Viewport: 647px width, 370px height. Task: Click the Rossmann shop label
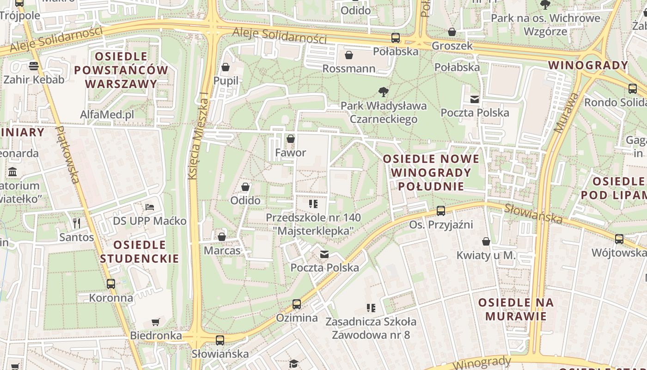coord(348,69)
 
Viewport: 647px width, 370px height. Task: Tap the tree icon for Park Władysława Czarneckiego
coord(383,92)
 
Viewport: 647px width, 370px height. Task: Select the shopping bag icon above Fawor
coord(291,139)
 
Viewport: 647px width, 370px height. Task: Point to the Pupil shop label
coord(226,81)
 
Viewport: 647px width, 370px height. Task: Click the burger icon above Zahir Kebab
coord(33,66)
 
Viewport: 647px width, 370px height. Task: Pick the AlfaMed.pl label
coord(107,114)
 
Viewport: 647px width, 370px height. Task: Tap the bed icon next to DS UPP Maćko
coord(149,207)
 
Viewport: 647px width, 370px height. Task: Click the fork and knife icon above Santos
coord(77,223)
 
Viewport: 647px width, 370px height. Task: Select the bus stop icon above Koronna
coord(111,284)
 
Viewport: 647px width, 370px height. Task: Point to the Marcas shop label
coord(222,251)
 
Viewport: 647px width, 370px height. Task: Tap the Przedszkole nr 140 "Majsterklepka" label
coord(313,224)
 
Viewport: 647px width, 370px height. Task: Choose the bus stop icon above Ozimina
coord(297,304)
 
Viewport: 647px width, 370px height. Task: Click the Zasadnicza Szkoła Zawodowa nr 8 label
coord(371,328)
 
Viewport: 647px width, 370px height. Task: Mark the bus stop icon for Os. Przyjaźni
coord(441,211)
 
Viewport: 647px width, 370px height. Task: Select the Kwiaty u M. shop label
coord(486,255)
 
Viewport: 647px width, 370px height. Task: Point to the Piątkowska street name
coord(68,154)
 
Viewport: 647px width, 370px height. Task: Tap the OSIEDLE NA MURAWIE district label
coord(515,309)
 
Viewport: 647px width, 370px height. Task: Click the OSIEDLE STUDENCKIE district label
coord(140,252)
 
